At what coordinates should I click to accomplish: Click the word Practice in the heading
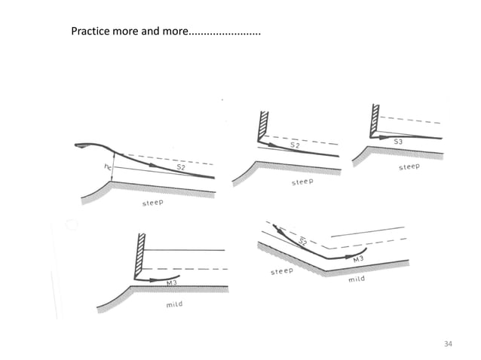tap(90, 32)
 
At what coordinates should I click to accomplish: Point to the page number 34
tap(448, 343)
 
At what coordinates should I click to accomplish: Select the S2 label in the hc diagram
tap(181, 167)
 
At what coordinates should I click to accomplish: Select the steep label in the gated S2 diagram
tap(302, 183)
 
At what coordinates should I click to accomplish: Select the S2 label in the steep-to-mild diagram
tap(300, 241)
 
